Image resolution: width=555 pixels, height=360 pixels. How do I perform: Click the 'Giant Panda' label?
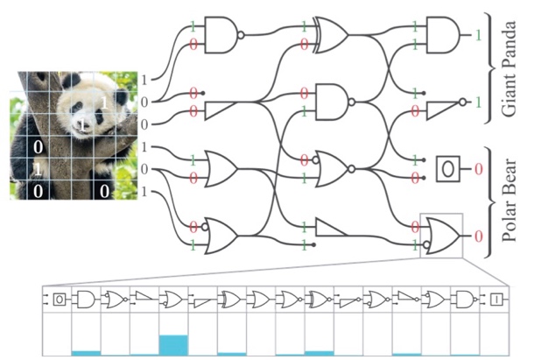[509, 68]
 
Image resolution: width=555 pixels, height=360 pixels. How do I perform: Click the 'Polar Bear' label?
[509, 201]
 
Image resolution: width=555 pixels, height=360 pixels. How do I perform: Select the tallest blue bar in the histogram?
[173, 345]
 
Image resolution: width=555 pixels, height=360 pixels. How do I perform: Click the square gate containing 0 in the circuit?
[448, 169]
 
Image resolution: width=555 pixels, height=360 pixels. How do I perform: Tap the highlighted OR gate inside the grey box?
[442, 236]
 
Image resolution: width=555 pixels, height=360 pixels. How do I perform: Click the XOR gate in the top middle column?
[331, 35]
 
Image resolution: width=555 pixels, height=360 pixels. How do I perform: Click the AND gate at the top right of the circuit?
[443, 35]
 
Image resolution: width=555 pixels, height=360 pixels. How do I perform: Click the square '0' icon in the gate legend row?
[60, 300]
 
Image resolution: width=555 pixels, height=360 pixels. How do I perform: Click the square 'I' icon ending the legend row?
[496, 300]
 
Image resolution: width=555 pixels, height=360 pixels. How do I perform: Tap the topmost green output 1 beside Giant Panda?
[478, 35]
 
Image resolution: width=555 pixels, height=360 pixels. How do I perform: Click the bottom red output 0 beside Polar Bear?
[479, 236]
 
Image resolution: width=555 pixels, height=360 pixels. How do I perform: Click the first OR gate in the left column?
[221, 169]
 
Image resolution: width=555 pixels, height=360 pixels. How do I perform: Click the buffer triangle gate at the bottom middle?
[331, 227]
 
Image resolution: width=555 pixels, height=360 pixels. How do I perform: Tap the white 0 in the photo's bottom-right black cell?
[104, 191]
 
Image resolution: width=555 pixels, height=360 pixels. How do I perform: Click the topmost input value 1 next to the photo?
[144, 80]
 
